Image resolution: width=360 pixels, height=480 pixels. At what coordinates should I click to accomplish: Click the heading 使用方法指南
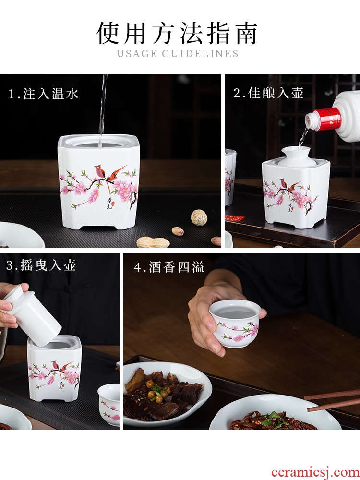click(x=177, y=33)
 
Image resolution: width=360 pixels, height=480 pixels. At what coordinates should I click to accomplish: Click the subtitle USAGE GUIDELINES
click(x=178, y=54)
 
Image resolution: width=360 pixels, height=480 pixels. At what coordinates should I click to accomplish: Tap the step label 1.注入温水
click(x=43, y=94)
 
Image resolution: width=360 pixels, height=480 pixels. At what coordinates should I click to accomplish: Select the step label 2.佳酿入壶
click(x=268, y=93)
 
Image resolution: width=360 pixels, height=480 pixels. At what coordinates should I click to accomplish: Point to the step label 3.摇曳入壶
click(x=41, y=265)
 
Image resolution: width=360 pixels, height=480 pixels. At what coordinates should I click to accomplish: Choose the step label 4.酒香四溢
click(x=169, y=267)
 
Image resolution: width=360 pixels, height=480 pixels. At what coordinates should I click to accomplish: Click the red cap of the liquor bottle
click(x=327, y=119)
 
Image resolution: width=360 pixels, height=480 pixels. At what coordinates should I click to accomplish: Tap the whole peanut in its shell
click(x=153, y=242)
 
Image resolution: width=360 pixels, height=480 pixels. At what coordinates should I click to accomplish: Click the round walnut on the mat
click(x=199, y=217)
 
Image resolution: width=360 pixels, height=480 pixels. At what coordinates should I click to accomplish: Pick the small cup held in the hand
click(x=235, y=323)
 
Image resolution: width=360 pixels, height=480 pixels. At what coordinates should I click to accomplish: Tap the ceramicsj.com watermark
click(x=315, y=472)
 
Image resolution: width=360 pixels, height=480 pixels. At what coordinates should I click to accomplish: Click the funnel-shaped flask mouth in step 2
click(x=296, y=156)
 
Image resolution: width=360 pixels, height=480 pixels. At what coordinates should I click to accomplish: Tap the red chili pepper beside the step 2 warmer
click(x=235, y=218)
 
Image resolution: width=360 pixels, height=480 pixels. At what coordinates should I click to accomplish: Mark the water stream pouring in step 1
click(x=103, y=110)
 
